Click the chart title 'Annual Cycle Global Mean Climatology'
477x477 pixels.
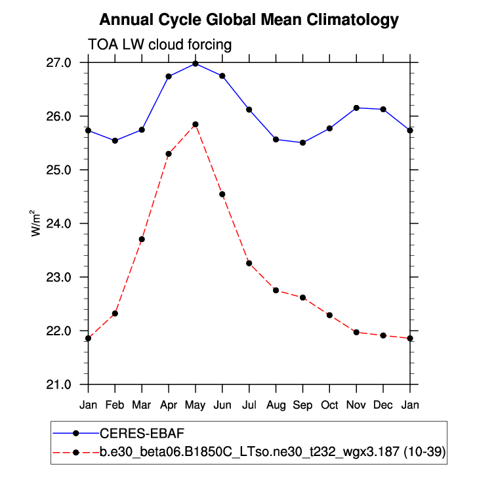click(x=249, y=20)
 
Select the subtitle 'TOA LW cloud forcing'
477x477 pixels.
click(x=160, y=45)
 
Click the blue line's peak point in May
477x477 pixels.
click(x=196, y=64)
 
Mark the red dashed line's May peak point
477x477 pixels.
click(x=196, y=125)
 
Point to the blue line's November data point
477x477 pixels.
click(x=356, y=108)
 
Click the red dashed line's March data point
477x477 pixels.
click(x=142, y=239)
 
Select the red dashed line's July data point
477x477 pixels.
click(x=249, y=263)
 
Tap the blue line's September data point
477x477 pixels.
click(x=302, y=142)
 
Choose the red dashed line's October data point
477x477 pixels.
click(x=329, y=315)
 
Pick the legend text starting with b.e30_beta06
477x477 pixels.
click(x=269, y=453)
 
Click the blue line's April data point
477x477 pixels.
click(x=169, y=77)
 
